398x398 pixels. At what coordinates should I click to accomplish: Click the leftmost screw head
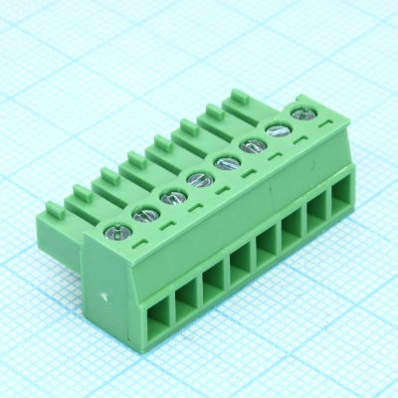tap(116, 233)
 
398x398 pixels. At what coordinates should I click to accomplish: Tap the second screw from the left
tap(144, 212)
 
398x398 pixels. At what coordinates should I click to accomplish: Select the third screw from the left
tap(171, 194)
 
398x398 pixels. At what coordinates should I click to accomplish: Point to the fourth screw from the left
tap(198, 178)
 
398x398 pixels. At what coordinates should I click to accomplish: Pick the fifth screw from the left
tap(226, 161)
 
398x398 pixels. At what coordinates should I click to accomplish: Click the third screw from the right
tap(253, 145)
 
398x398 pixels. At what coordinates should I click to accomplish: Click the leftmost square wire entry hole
tap(158, 320)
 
